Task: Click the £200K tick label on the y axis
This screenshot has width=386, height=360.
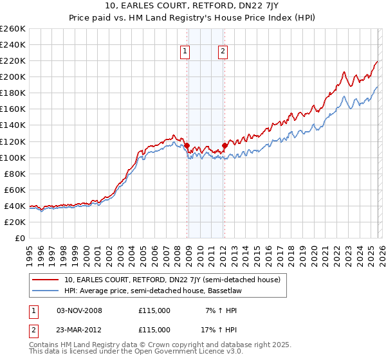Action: pos(13,76)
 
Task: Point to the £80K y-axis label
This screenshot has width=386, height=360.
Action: pos(15,174)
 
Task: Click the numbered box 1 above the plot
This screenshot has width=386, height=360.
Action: pos(185,52)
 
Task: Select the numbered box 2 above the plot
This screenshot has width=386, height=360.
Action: pos(223,52)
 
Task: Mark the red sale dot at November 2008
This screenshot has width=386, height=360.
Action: pos(187,145)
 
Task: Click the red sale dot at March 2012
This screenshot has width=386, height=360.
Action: pos(225,145)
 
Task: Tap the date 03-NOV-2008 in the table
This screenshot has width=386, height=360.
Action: pos(80,310)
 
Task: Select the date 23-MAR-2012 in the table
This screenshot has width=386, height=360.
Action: pos(80,329)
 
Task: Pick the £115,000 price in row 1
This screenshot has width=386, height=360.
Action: pos(154,310)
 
